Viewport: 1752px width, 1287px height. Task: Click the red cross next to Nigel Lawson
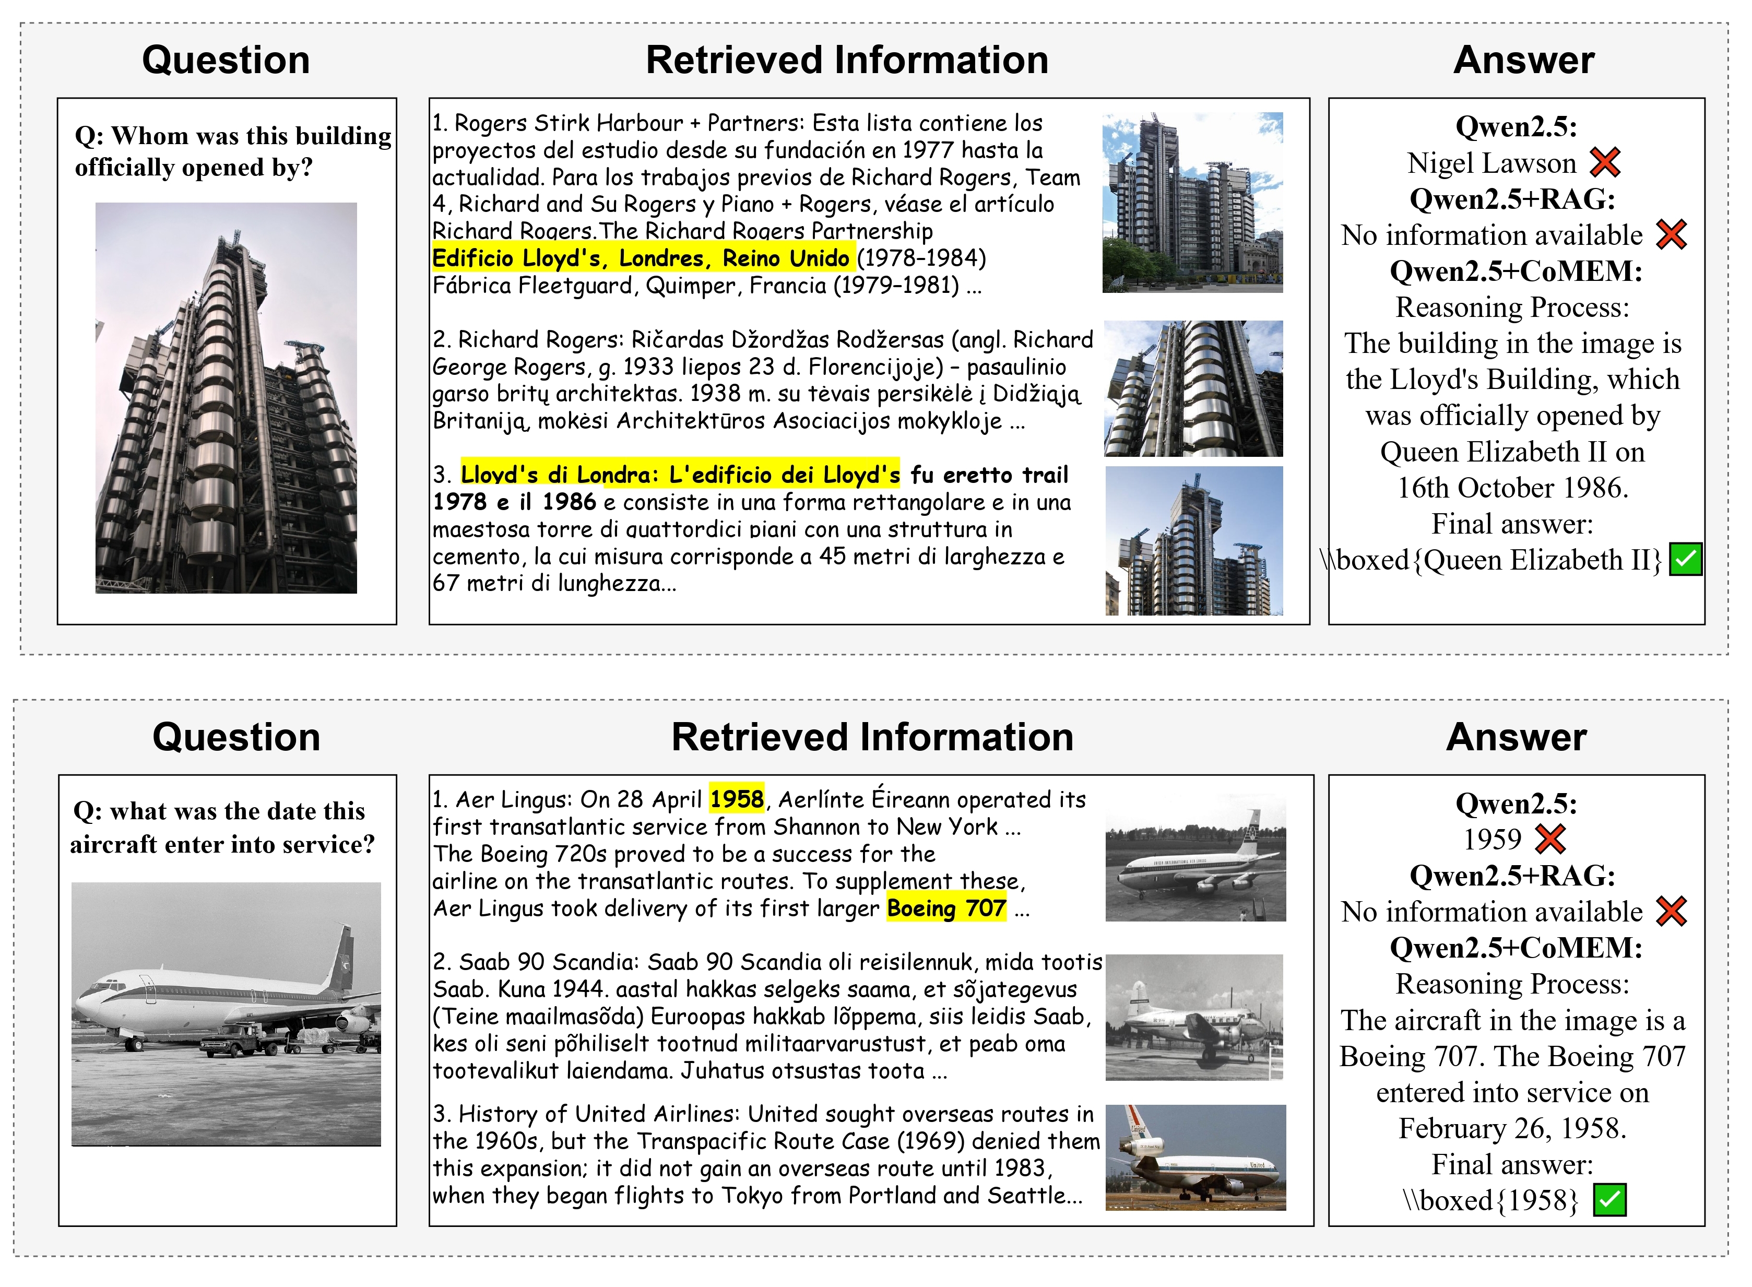pyautogui.click(x=1605, y=163)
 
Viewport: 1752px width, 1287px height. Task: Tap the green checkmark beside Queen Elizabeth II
pyautogui.click(x=1686, y=559)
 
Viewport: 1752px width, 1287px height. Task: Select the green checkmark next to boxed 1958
pyautogui.click(x=1609, y=1200)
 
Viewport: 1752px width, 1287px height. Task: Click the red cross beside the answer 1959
pyautogui.click(x=1550, y=839)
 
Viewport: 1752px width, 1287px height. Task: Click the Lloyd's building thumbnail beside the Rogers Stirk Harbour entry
pyautogui.click(x=1192, y=203)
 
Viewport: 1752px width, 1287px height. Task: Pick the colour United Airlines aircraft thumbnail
pyautogui.click(x=1195, y=1158)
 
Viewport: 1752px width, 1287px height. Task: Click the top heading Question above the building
pyautogui.click(x=226, y=60)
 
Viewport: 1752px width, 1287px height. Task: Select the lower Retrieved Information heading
pyautogui.click(x=872, y=737)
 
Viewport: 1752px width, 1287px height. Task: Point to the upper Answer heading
pyautogui.click(x=1523, y=60)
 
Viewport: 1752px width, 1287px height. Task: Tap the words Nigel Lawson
pyautogui.click(x=1491, y=163)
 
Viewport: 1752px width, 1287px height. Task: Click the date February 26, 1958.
pyautogui.click(x=1512, y=1128)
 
